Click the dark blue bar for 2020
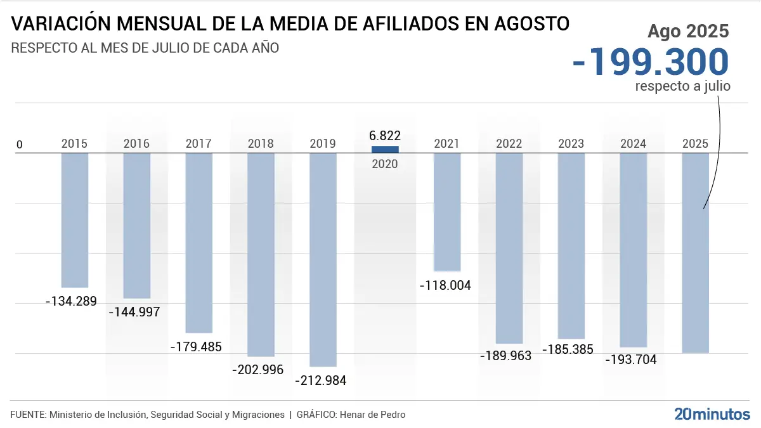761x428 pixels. pos(385,149)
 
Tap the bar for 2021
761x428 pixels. pos(447,212)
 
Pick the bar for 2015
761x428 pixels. pos(75,220)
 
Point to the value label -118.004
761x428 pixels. pos(446,285)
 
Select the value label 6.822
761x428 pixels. pos(385,136)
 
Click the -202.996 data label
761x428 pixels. pos(257,370)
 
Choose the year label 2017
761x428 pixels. pos(198,144)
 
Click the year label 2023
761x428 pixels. pos(571,144)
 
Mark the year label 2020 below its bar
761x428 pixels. pos(385,164)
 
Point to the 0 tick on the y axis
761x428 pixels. pos(19,145)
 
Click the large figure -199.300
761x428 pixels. pos(651,62)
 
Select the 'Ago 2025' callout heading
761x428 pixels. pos(687,31)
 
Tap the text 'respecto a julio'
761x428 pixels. pos(682,86)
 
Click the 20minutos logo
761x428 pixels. pos(712,414)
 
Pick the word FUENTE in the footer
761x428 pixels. pos(27,415)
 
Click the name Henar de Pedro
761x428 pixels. pos(372,415)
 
